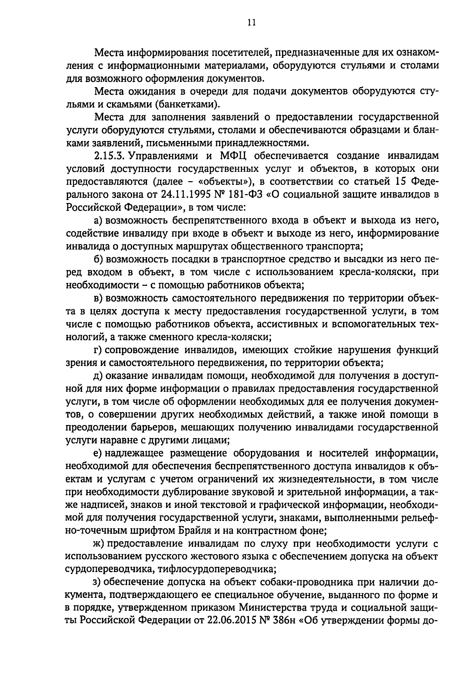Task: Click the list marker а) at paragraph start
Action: (x=98, y=221)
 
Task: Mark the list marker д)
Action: (x=98, y=376)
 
